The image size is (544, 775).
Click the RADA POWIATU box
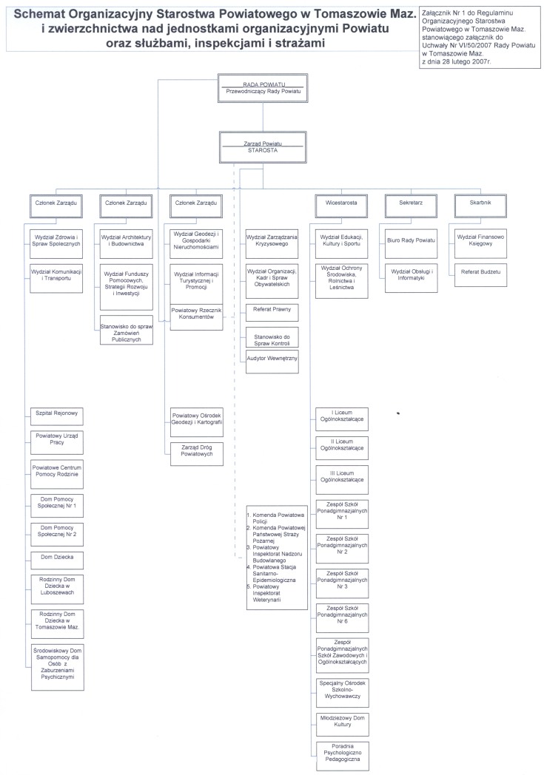[x=263, y=88]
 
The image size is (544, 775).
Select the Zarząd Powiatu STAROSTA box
[x=263, y=147]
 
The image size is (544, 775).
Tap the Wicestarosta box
[x=341, y=206]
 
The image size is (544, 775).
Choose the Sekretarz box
[x=411, y=206]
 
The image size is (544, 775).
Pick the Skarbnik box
[x=480, y=206]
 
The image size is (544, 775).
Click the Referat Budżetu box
[x=480, y=275]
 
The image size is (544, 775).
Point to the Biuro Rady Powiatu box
[x=411, y=244]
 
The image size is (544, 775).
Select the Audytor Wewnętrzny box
[x=272, y=362]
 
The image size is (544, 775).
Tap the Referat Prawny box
[x=272, y=312]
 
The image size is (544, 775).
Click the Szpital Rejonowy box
[x=57, y=416]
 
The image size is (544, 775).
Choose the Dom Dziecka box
[x=57, y=560]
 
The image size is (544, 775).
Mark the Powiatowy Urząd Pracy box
[x=57, y=442]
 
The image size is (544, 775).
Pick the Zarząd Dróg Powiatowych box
[x=197, y=454]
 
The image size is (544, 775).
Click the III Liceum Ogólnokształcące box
[x=342, y=479]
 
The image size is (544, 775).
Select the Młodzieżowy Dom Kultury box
[x=342, y=724]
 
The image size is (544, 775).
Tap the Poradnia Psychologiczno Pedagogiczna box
[x=342, y=756]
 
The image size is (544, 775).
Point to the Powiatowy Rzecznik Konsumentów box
[x=196, y=317]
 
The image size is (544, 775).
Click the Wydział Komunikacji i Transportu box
[x=56, y=278]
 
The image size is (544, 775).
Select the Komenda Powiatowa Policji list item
[x=276, y=518]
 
